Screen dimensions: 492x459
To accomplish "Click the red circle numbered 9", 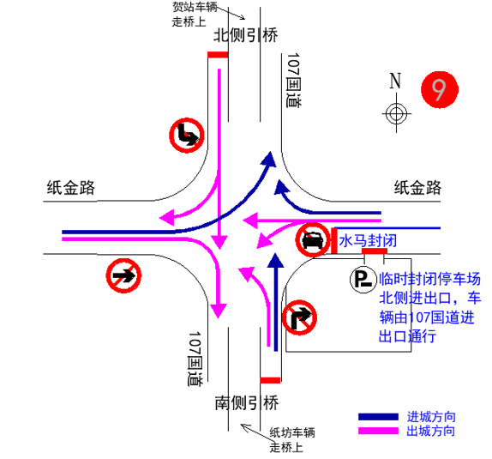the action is (x=439, y=90).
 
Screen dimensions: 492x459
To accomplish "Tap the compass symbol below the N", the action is (x=396, y=113).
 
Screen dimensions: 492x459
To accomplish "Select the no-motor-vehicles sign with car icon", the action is (x=313, y=240).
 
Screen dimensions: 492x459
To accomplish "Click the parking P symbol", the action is (x=363, y=280).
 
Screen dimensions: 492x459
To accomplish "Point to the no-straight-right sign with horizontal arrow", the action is (x=123, y=276).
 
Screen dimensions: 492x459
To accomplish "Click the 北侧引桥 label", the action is (x=246, y=35).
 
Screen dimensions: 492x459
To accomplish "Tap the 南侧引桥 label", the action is (x=247, y=402).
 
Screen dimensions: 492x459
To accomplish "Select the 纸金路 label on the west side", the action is (x=71, y=188).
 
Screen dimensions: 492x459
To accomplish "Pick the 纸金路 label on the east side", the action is (x=417, y=188).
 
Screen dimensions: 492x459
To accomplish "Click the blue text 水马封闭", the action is (x=368, y=241).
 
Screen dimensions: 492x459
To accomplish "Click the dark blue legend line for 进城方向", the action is (x=378, y=417).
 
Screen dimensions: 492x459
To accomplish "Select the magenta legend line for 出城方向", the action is (x=378, y=431).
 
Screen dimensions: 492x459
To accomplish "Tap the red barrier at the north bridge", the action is (x=218, y=55).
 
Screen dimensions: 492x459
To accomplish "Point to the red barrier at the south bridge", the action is (x=270, y=380).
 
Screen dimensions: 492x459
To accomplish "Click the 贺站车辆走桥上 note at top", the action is (x=195, y=14).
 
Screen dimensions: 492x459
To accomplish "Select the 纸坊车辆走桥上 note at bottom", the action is (x=292, y=440).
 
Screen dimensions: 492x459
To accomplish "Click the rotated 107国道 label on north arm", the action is (x=294, y=81).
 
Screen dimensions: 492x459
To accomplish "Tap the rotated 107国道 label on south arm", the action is (x=195, y=359).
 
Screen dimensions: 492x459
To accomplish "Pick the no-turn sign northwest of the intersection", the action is (x=187, y=136).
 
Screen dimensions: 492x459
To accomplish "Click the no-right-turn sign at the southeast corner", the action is (x=299, y=317).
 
